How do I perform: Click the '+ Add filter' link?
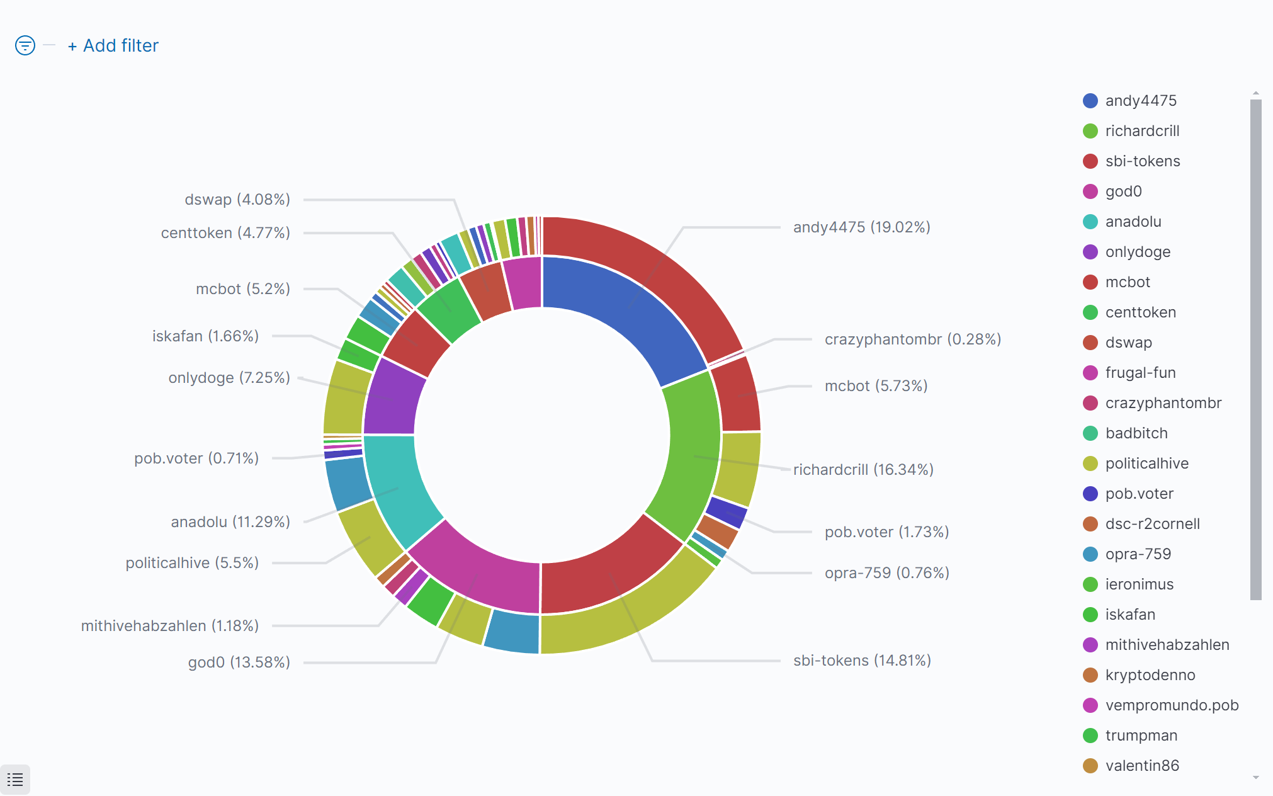113,46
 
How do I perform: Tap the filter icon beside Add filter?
25,45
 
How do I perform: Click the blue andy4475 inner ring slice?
623,315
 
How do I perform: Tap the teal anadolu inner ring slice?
397,485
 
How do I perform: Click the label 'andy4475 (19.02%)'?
861,227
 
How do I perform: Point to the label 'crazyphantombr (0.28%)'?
912,339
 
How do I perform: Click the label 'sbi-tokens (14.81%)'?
861,661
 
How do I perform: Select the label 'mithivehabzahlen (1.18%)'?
170,626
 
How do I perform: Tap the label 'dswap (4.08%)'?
237,200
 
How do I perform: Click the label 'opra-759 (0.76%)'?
886,573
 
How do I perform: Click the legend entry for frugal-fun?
1140,373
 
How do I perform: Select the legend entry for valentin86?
1141,766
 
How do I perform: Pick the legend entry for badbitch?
1136,433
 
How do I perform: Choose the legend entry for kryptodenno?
1150,675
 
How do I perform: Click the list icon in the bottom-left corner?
15,780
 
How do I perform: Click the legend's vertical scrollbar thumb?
1255,346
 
